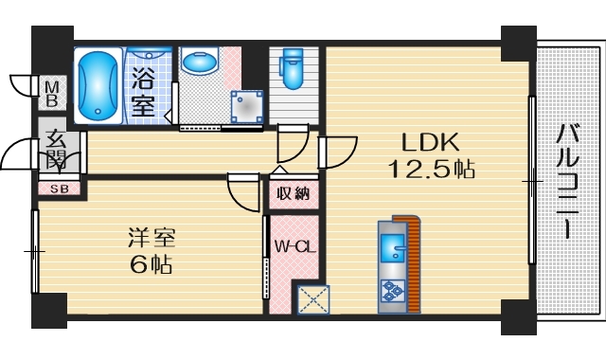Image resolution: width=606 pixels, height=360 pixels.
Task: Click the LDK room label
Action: coord(431,144)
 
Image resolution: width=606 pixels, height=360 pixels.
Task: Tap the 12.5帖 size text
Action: coord(431,171)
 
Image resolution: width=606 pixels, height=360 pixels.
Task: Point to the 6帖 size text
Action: coord(151,264)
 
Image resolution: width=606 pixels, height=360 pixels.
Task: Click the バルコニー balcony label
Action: coord(568,179)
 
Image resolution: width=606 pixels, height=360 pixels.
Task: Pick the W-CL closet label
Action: coord(294,247)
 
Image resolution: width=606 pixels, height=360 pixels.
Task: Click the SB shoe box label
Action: coord(59,189)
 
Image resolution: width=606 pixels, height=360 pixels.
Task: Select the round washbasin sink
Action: coord(200,64)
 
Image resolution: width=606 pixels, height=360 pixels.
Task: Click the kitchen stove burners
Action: coord(391,293)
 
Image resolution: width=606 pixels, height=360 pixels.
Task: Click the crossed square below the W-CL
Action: coord(312,299)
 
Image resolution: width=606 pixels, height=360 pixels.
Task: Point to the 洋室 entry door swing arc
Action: coord(241,190)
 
